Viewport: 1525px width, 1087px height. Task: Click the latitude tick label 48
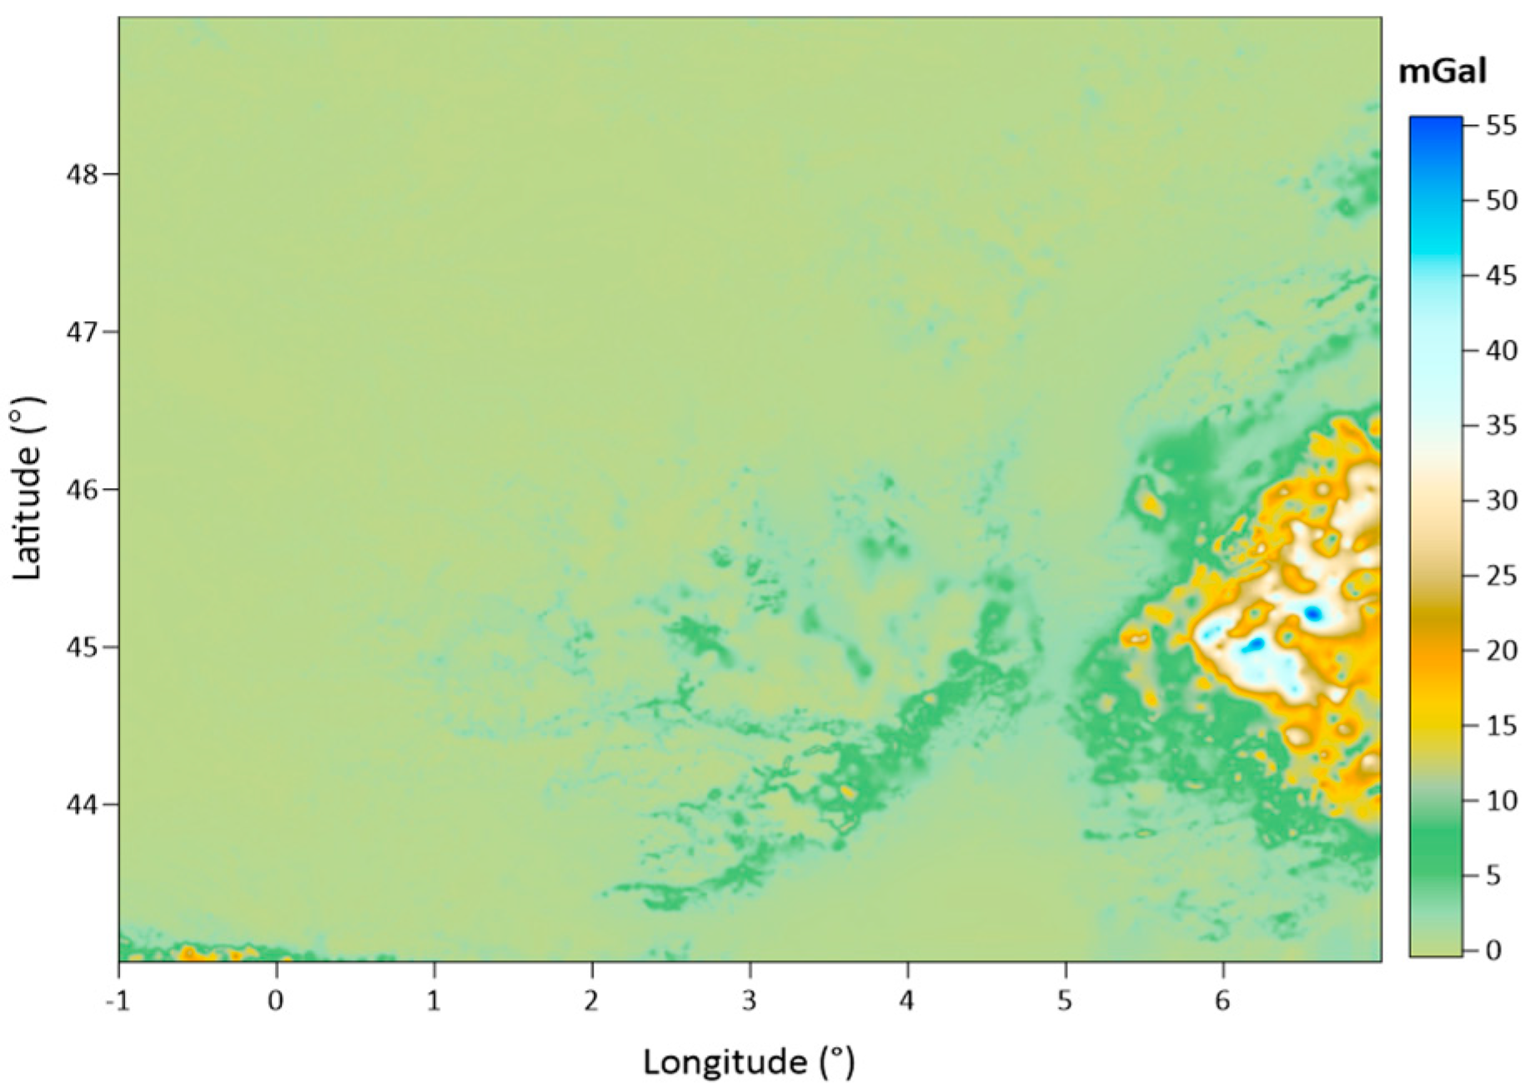pyautogui.click(x=82, y=174)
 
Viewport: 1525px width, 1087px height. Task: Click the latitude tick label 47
pyautogui.click(x=82, y=332)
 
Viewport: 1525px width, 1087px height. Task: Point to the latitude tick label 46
pyautogui.click(x=82, y=490)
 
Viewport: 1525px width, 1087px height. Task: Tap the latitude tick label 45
pyautogui.click(x=82, y=647)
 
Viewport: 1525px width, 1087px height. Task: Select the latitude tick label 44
pyautogui.click(x=82, y=805)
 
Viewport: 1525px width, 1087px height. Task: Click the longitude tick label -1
pyautogui.click(x=118, y=999)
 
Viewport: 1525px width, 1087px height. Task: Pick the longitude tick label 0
pyautogui.click(x=276, y=999)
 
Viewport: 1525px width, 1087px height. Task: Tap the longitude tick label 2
pyautogui.click(x=592, y=999)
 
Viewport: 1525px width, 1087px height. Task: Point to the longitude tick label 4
pyautogui.click(x=907, y=999)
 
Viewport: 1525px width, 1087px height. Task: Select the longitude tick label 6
pyautogui.click(x=1222, y=999)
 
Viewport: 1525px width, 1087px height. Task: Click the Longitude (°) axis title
pyautogui.click(x=749, y=1062)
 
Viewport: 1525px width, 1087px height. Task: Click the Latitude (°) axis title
pyautogui.click(x=28, y=489)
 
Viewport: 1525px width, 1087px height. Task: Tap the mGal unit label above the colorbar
pyautogui.click(x=1442, y=72)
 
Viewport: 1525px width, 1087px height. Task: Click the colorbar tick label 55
pyautogui.click(x=1501, y=126)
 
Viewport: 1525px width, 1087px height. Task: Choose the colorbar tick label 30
pyautogui.click(x=1501, y=501)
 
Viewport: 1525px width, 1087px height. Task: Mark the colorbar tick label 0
pyautogui.click(x=1493, y=950)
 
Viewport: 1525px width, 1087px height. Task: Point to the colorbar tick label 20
pyautogui.click(x=1501, y=651)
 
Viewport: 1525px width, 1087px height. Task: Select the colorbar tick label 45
pyautogui.click(x=1501, y=276)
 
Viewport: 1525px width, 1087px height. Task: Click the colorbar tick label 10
pyautogui.click(x=1501, y=801)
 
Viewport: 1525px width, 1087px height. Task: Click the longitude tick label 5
pyautogui.click(x=1065, y=999)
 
